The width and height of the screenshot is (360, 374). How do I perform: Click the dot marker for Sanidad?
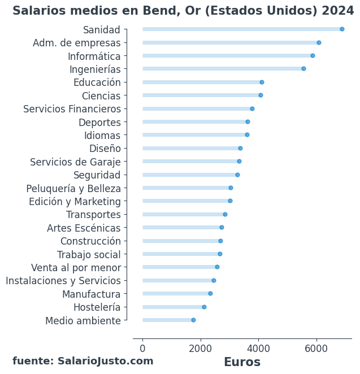point(342,29)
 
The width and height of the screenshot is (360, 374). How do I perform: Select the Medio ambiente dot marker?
point(193,320)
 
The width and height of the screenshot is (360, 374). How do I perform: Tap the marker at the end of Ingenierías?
point(303,69)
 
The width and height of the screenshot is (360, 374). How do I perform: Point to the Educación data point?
point(262,82)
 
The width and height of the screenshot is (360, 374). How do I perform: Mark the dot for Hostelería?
point(204,307)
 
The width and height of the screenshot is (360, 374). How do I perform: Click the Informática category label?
point(94,56)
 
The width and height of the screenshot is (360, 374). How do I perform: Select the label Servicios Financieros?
point(72,109)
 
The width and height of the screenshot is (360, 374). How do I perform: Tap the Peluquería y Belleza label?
point(73,189)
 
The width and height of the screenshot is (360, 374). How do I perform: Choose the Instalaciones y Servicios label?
point(63,281)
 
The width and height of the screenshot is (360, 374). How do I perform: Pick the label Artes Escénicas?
point(84,228)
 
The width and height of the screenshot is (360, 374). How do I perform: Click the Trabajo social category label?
point(89,255)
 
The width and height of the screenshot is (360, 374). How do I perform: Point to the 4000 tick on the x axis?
point(258,349)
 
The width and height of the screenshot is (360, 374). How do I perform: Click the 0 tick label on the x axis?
point(142,349)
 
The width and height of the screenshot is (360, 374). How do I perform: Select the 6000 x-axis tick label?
point(316,349)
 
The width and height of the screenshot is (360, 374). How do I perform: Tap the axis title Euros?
point(242,362)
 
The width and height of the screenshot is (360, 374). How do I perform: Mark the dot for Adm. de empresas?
point(319,43)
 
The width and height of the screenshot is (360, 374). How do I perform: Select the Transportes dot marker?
point(225,215)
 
